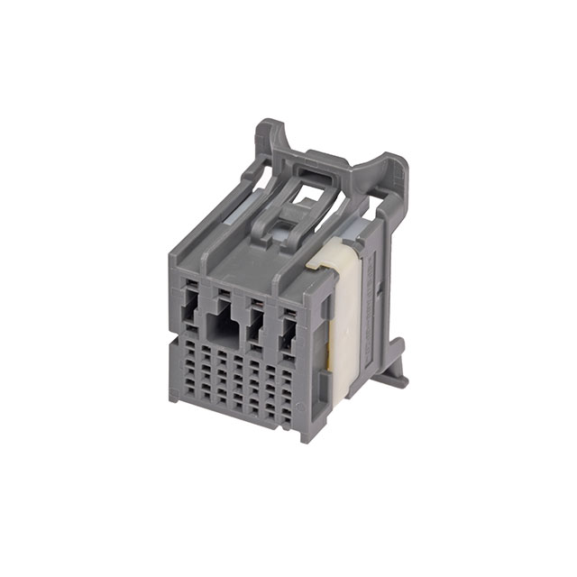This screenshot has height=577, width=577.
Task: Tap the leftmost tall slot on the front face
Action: point(190,315)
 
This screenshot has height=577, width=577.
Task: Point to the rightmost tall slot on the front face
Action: point(288,334)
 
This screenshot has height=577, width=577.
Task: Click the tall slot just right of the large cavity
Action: point(256,327)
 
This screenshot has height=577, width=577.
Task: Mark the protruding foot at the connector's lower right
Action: point(395,377)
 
